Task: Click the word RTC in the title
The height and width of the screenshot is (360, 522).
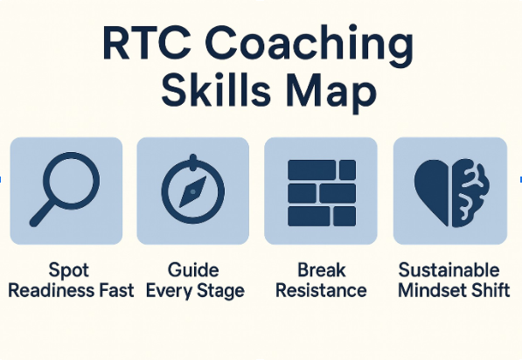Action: point(147,44)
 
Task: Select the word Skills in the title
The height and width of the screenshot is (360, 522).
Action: point(216,89)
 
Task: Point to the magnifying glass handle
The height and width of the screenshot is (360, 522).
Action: point(42,214)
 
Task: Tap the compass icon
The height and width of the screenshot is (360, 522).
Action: point(192,189)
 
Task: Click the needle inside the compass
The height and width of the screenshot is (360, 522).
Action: point(192,192)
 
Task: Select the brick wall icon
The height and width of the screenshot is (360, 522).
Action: point(322,193)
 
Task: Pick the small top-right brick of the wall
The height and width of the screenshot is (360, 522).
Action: point(347,170)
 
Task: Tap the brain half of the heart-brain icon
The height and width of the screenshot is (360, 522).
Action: point(470,193)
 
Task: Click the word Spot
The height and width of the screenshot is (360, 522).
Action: point(68,271)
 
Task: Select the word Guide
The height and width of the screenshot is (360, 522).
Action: point(193,270)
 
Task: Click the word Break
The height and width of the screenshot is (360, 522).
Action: point(321,270)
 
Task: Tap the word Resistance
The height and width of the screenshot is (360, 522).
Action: point(321,290)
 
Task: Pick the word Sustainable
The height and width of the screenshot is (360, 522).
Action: point(449,270)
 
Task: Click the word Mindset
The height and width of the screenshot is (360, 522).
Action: point(428,290)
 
